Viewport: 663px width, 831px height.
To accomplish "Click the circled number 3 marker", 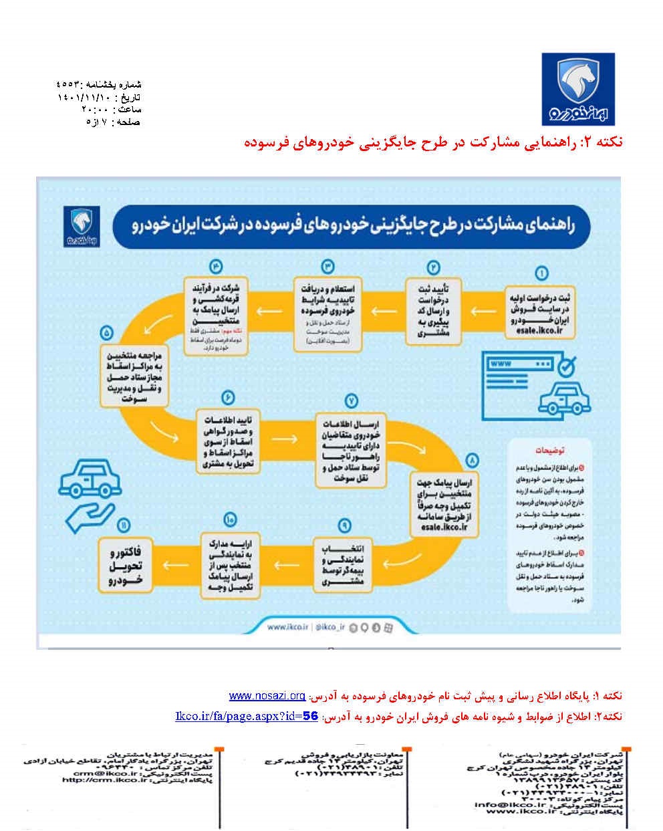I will pos(327,266).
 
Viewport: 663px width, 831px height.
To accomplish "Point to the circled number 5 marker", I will pos(107,334).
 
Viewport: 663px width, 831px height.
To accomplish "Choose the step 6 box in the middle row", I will pos(227,441).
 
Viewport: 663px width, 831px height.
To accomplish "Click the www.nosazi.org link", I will pos(267,696).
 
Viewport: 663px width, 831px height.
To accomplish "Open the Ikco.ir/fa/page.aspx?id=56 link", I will pos(247,716).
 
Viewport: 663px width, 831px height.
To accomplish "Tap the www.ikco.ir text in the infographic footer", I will pos(287,626).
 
